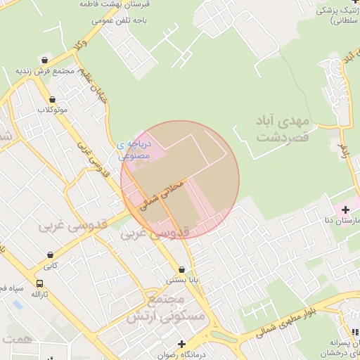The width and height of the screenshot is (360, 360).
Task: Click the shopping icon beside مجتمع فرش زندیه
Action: point(45,60)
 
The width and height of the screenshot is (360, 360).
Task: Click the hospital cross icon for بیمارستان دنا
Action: point(345,210)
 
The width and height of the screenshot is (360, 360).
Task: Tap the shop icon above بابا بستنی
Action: point(182,269)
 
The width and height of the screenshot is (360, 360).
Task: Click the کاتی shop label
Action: point(50,266)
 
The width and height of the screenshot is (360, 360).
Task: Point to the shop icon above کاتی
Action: point(50,255)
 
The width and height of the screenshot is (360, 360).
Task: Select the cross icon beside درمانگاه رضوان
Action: point(182,345)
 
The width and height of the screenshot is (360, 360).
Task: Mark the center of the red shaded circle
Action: point(181,180)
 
